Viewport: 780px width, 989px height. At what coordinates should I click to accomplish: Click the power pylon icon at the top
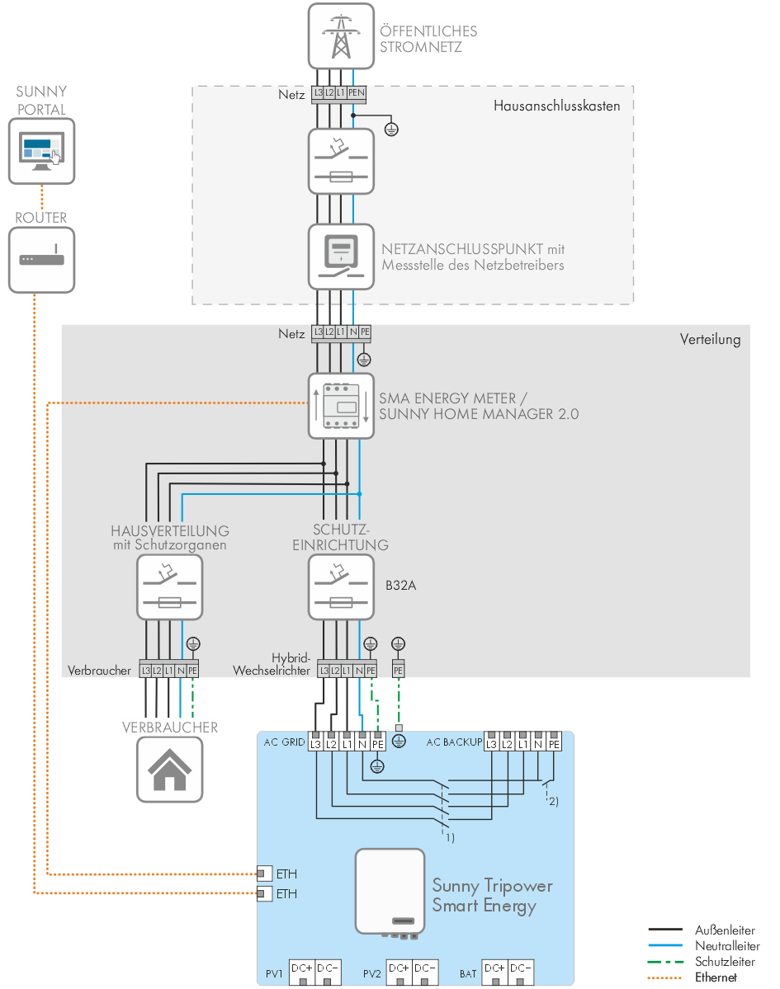click(341, 36)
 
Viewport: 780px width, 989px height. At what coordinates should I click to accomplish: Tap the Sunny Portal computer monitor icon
click(41, 150)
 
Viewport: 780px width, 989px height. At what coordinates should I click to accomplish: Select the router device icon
click(41, 259)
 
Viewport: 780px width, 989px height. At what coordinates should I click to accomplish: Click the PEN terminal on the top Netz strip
click(356, 93)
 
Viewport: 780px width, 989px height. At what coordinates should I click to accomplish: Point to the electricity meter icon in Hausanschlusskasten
click(341, 256)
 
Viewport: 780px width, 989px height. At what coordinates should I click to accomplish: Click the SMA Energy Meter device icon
click(341, 405)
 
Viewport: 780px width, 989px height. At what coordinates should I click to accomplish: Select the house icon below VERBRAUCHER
click(169, 770)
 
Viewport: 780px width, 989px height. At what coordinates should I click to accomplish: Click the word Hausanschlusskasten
click(556, 106)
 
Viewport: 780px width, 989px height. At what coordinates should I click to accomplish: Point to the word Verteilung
click(710, 339)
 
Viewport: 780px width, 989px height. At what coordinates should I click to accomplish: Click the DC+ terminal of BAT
click(495, 968)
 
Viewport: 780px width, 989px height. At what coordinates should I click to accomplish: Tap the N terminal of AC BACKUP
click(539, 744)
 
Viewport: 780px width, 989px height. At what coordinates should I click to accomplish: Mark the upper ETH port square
click(264, 874)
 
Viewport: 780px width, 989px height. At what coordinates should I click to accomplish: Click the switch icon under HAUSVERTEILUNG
click(169, 586)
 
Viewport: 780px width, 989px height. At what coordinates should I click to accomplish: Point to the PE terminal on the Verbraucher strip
click(192, 671)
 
